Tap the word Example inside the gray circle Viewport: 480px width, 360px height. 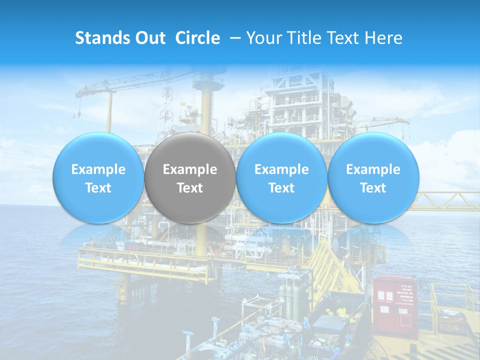(x=190, y=169)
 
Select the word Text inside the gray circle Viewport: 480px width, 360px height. (x=190, y=188)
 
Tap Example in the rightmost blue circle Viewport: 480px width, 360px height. (x=373, y=169)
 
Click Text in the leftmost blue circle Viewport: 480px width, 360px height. (x=98, y=188)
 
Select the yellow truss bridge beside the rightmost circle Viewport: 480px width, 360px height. (x=447, y=201)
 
